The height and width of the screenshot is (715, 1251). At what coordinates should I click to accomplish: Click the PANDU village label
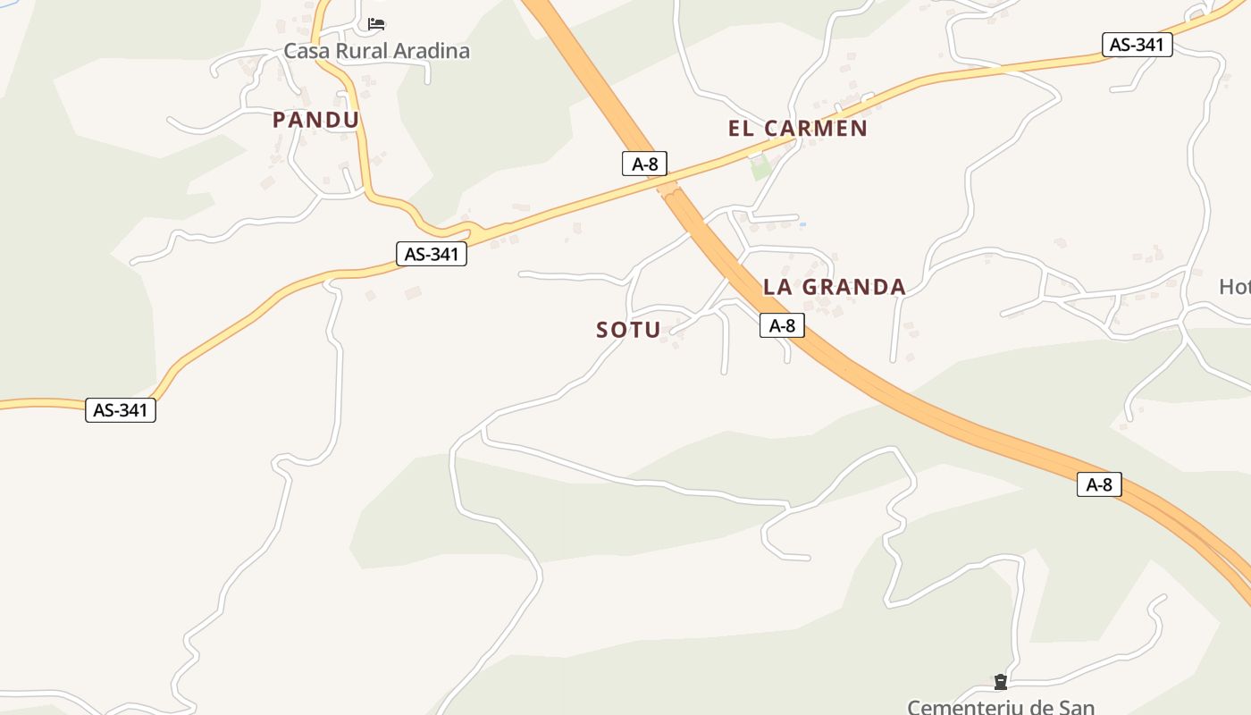(315, 120)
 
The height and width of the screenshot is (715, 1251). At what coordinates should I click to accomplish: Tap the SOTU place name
(628, 330)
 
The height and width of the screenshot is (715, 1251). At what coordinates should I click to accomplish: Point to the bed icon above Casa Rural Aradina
(376, 24)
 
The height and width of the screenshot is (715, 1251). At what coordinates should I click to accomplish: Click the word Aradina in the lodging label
(427, 51)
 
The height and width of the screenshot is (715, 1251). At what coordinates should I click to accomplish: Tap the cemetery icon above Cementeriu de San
(1001, 683)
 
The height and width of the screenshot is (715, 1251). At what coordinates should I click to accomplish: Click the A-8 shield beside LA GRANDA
(782, 326)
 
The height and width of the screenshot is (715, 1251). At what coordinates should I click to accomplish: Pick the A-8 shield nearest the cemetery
(1098, 484)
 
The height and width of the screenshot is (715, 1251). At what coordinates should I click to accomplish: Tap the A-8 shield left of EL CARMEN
(644, 164)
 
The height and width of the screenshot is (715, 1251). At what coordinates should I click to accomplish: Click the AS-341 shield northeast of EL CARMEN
(1137, 45)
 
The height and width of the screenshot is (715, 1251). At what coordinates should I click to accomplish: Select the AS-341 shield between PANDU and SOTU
(432, 254)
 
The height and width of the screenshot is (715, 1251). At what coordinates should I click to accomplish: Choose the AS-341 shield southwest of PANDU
(121, 410)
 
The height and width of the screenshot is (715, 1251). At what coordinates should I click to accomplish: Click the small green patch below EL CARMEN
(760, 167)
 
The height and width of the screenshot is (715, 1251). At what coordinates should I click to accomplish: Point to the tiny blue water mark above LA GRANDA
(802, 223)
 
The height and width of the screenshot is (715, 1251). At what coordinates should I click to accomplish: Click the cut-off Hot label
(1235, 287)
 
